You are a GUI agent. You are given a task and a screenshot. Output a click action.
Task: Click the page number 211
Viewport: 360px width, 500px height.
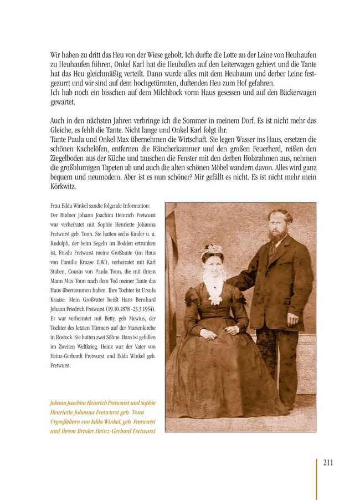click(328, 463)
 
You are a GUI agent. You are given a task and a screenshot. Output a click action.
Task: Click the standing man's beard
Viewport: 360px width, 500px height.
click(276, 235)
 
